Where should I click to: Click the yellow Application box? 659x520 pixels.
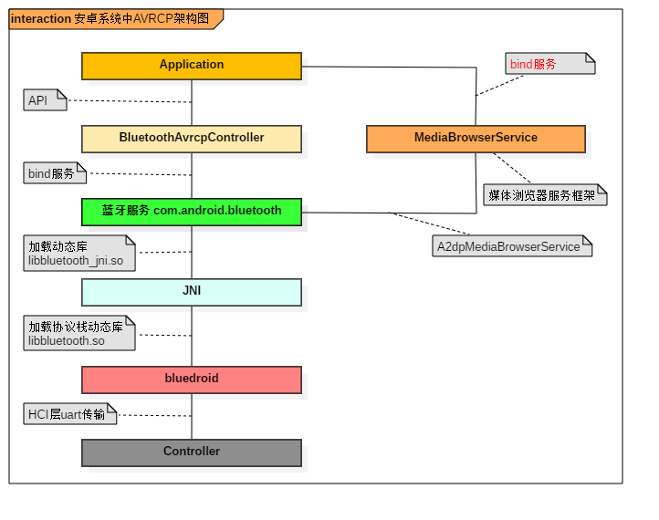click(x=192, y=66)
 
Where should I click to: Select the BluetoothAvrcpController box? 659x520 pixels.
click(x=192, y=139)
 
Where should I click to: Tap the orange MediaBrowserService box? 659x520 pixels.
click(x=476, y=139)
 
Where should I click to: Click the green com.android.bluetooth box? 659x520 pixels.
click(x=192, y=212)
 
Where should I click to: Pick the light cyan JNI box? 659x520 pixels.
click(x=192, y=292)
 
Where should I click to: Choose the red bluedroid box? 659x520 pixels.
click(x=192, y=380)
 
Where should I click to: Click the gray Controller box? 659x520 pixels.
click(x=192, y=452)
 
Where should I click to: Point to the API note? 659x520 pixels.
click(x=44, y=100)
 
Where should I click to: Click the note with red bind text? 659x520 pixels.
click(x=549, y=64)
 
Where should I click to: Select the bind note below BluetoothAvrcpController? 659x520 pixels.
click(x=54, y=173)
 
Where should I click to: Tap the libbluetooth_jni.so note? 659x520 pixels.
click(x=78, y=254)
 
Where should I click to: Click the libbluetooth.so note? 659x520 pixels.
click(x=78, y=334)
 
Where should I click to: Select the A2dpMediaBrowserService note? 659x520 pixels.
click(x=511, y=246)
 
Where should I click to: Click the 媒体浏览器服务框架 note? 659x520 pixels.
click(x=544, y=195)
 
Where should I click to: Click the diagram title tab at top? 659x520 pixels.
click(x=113, y=19)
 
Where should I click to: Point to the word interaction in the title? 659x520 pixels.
click(x=40, y=19)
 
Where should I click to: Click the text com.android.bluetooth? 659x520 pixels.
click(x=217, y=211)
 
